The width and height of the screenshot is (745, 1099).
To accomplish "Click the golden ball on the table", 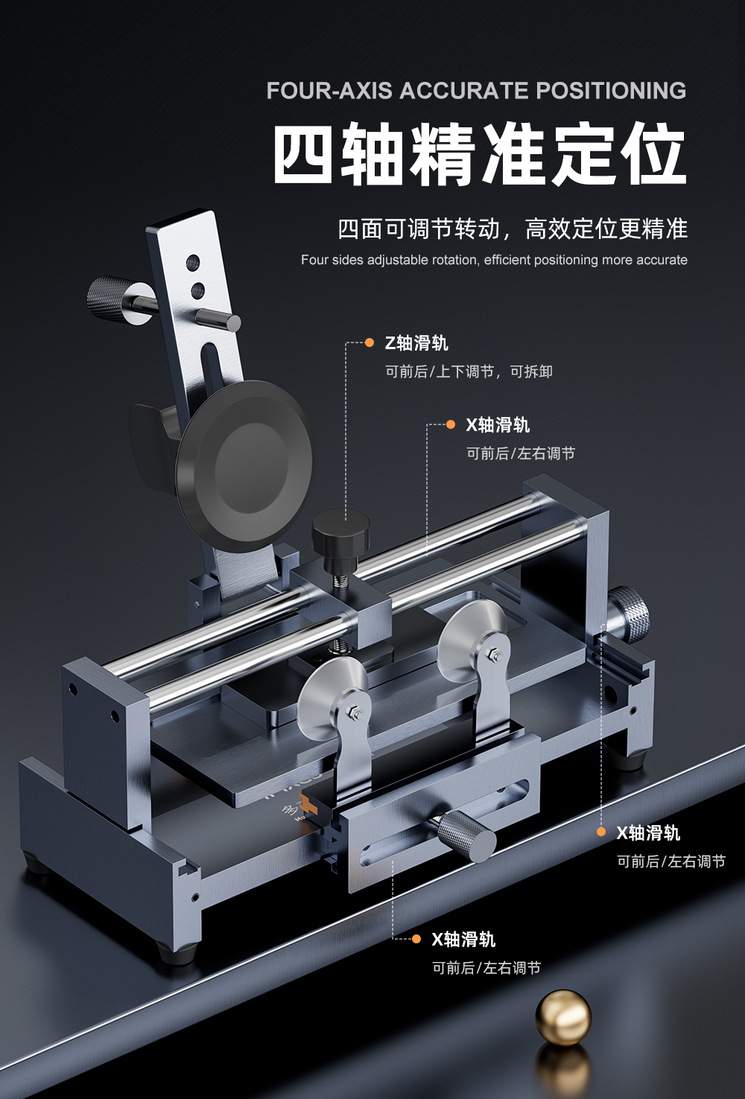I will point(563,1017).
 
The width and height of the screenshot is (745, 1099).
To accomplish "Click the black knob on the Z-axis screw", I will point(340,531).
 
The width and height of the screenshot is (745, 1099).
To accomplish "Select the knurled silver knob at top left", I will point(112,299).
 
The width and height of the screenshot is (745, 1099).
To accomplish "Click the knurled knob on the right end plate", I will point(628,614).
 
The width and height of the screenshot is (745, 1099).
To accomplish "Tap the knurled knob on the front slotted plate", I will point(466,835).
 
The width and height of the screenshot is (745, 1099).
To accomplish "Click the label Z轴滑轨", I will point(416,343).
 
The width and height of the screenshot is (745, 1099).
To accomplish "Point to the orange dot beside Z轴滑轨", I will point(370,343).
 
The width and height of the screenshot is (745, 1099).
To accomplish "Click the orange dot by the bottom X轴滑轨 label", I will point(416,939).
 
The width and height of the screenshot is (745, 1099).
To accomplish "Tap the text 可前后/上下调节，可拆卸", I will point(469,372).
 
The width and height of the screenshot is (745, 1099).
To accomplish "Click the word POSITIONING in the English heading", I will point(611,91).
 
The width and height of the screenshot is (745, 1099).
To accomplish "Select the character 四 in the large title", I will point(302,155).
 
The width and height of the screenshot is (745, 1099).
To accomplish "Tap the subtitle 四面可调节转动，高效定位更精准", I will point(513,229).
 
